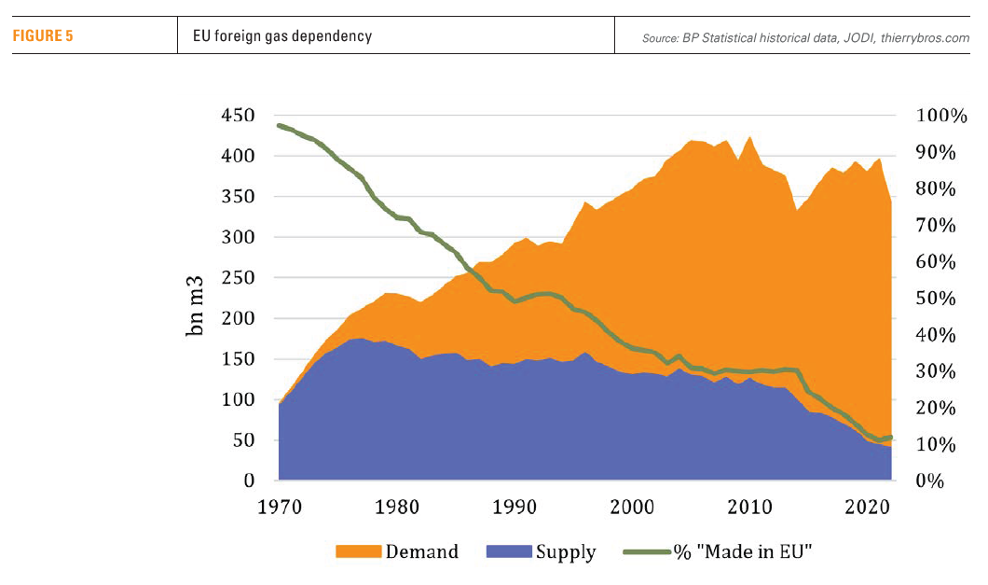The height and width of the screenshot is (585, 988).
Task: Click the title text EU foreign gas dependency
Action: coord(276,36)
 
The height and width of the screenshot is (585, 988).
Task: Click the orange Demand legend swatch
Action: coord(359,551)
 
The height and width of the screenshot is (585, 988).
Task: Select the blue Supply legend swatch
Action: coord(509,551)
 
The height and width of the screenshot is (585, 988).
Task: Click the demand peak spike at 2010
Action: coord(750,139)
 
